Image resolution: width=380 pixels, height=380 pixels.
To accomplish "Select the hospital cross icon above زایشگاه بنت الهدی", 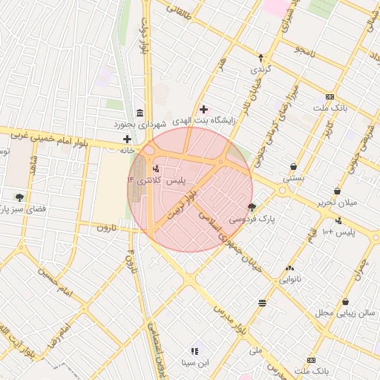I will point(203,109).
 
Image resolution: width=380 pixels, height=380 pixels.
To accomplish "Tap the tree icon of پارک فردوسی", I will point(252,208).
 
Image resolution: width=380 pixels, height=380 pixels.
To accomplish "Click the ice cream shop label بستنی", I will point(293,179).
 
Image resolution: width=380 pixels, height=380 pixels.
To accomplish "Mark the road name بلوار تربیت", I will point(183,202).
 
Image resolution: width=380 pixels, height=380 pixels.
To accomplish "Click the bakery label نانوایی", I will point(289,280).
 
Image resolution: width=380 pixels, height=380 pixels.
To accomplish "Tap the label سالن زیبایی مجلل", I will point(347,313).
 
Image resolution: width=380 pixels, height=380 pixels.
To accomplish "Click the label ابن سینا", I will point(195,363).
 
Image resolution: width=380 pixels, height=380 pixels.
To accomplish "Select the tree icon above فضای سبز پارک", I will point(19,197).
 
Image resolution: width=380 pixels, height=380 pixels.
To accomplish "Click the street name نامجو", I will point(304,51).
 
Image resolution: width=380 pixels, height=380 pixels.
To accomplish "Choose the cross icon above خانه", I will point(127,139).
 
